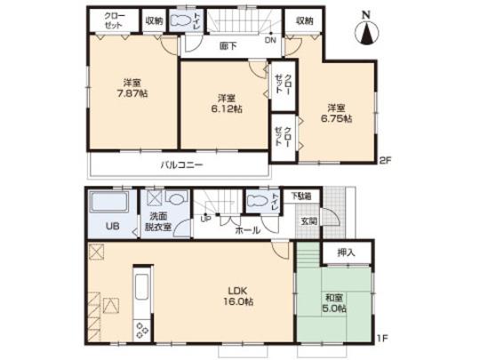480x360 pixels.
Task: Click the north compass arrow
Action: [366, 34]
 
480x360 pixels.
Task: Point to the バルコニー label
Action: [182, 165]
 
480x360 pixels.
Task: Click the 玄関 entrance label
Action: [308, 220]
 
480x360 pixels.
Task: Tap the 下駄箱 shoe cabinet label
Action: [303, 196]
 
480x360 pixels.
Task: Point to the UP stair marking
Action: [205, 219]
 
